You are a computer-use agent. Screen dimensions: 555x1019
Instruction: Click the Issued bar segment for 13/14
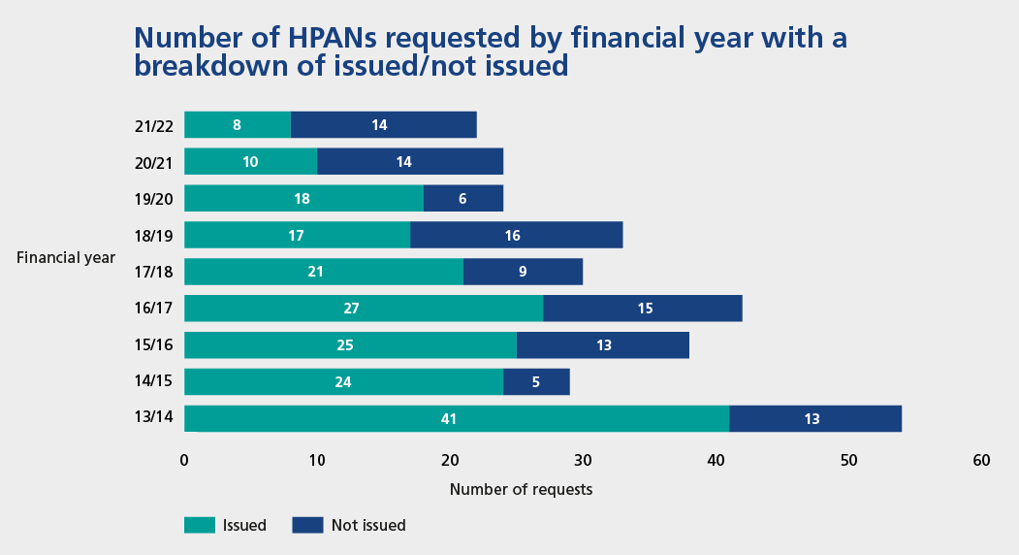pyautogui.click(x=456, y=418)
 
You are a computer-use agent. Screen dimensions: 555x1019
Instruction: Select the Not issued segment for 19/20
pyautogui.click(x=463, y=198)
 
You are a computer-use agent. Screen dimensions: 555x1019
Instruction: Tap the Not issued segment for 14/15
pyautogui.click(x=536, y=381)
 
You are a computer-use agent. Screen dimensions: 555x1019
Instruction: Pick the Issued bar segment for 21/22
pyautogui.click(x=237, y=124)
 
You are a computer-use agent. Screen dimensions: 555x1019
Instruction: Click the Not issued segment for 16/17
pyautogui.click(x=642, y=309)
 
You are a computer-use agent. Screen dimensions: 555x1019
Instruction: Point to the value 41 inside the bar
pyautogui.click(x=448, y=419)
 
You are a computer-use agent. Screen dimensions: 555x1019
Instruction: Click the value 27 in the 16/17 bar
pyautogui.click(x=352, y=309)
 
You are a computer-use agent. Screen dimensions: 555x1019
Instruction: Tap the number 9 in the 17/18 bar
pyautogui.click(x=523, y=272)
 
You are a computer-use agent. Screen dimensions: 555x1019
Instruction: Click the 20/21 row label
pyautogui.click(x=154, y=162)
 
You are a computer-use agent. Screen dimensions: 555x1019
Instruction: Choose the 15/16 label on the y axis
pyautogui.click(x=154, y=345)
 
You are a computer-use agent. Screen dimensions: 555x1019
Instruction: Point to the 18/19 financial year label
pyautogui.click(x=154, y=235)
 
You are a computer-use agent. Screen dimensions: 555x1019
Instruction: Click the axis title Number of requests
pyautogui.click(x=521, y=489)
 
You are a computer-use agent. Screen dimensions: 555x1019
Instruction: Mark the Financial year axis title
pyautogui.click(x=66, y=257)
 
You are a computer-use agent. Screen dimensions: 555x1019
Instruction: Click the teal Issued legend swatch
pyautogui.click(x=199, y=525)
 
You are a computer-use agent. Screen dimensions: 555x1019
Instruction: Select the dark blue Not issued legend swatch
pyautogui.click(x=307, y=525)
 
